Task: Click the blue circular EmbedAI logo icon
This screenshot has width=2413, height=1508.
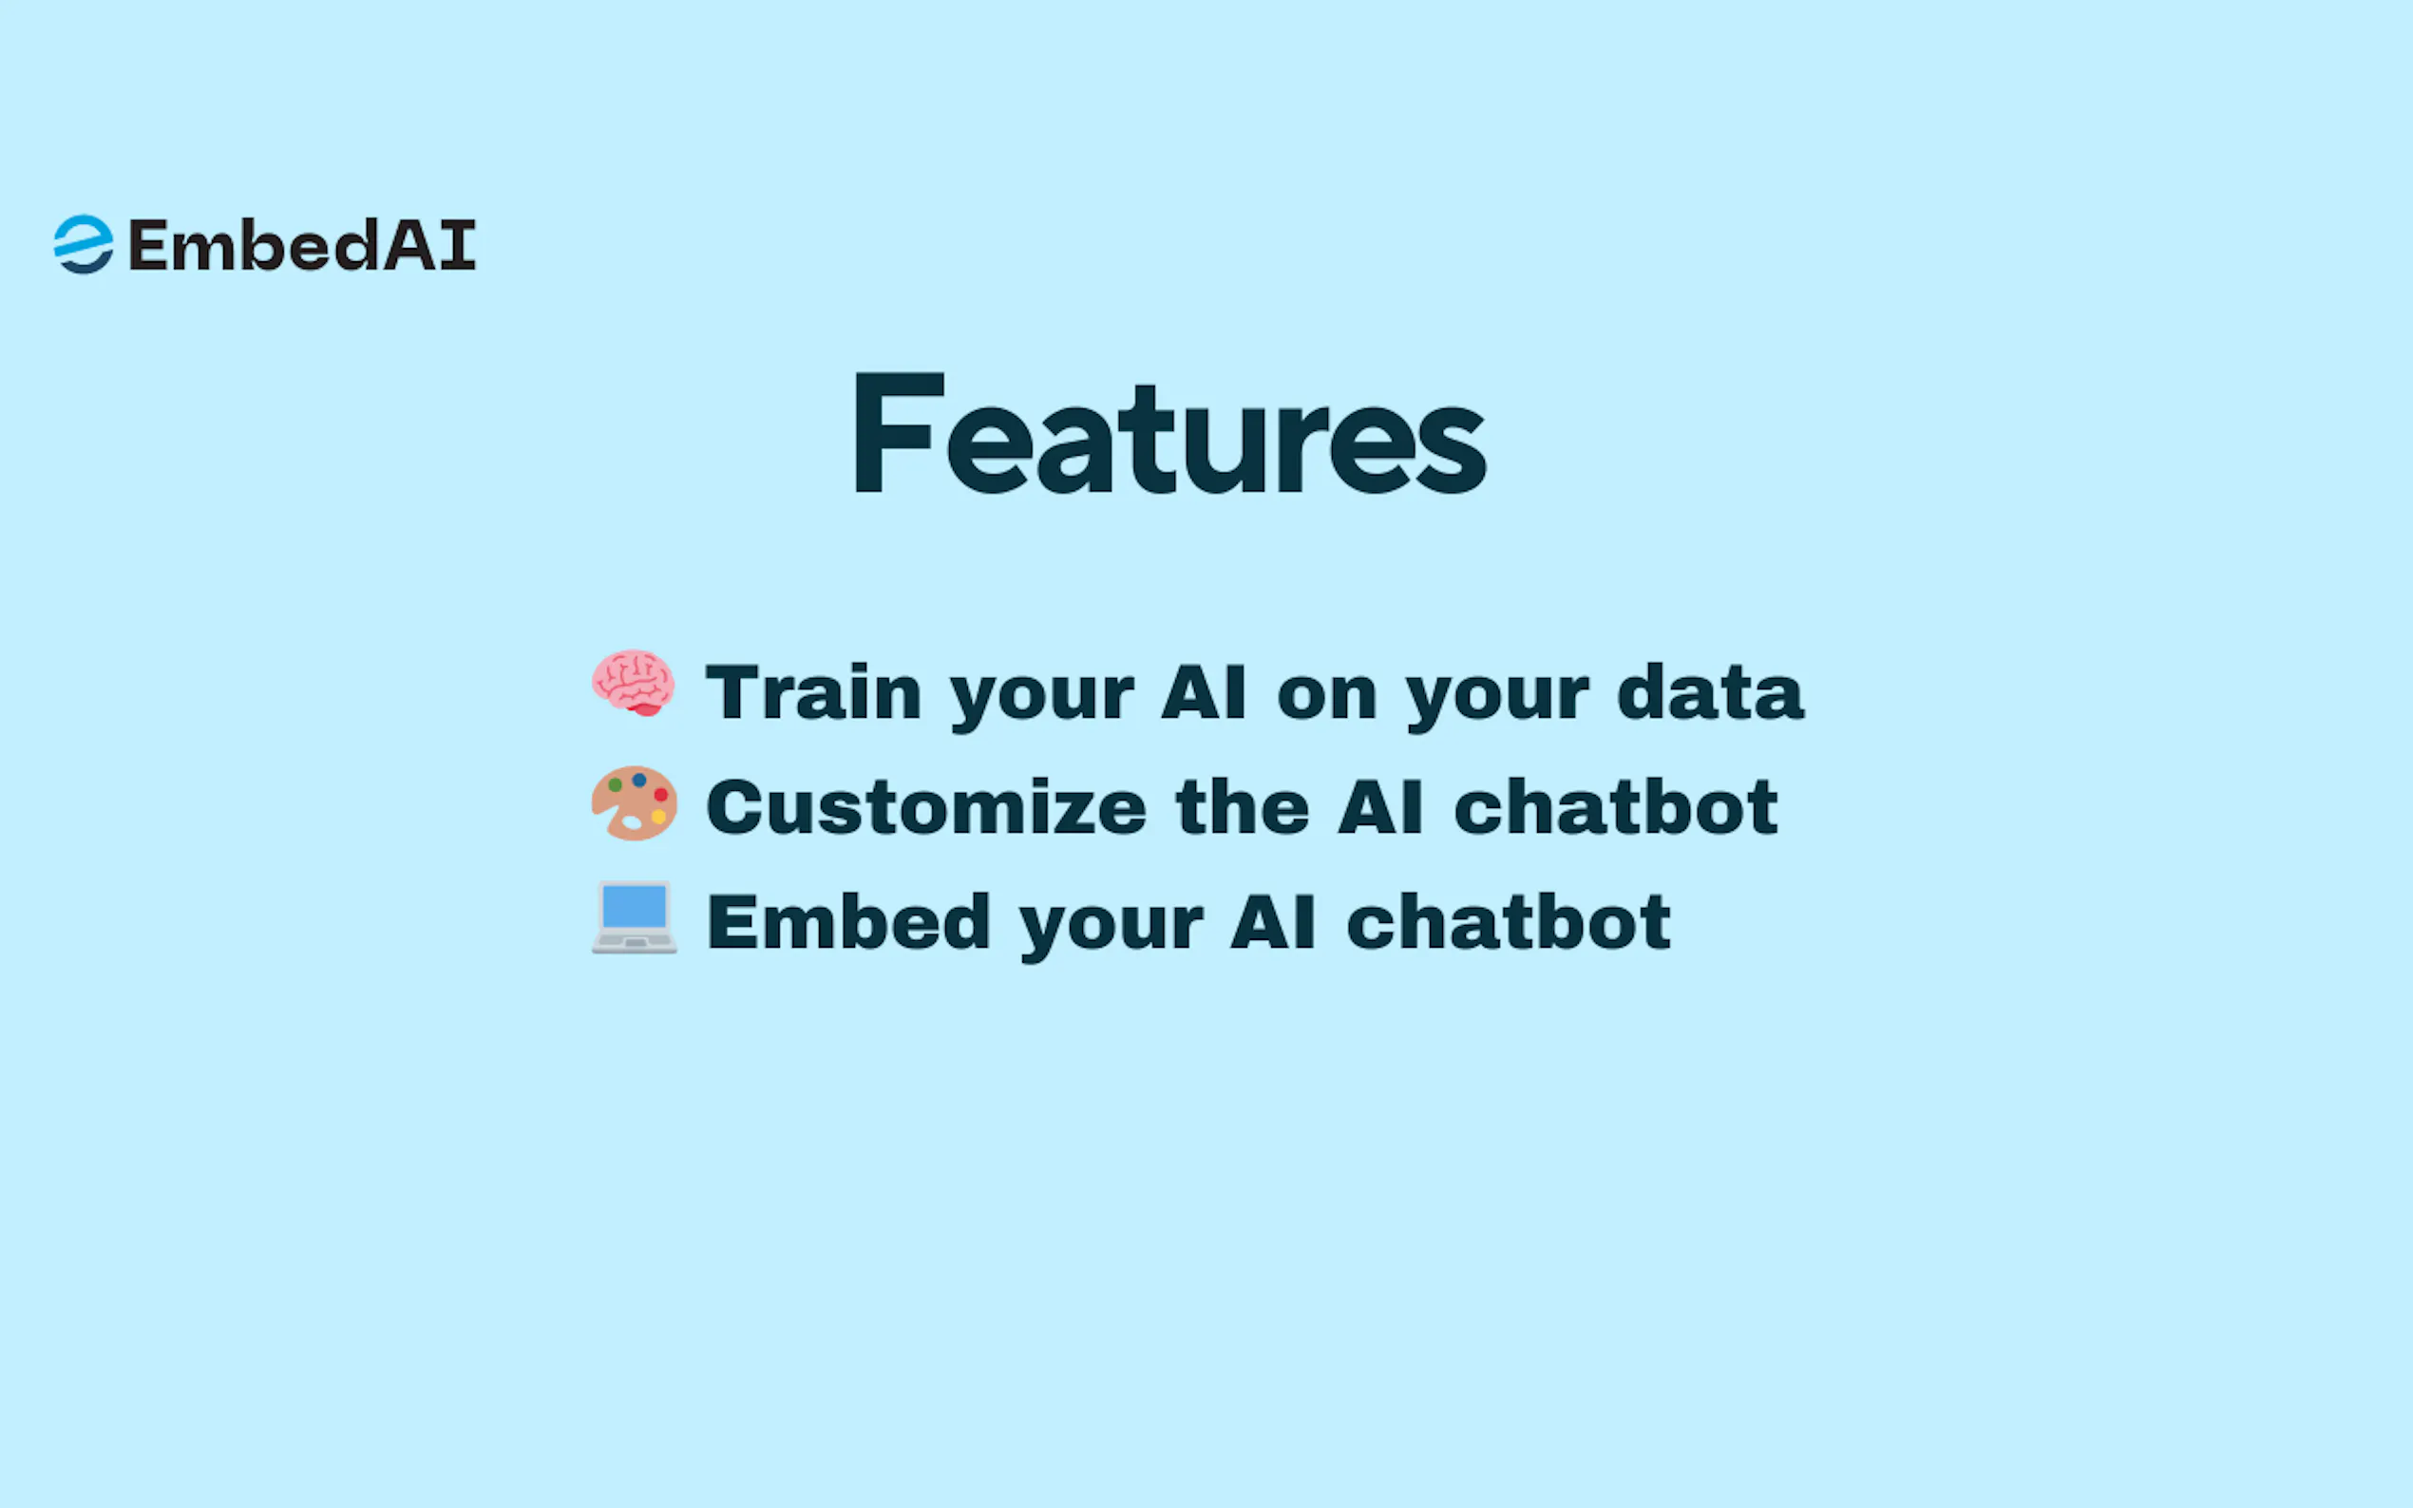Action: tap(83, 244)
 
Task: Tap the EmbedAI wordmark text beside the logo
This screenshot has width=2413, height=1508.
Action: tap(302, 245)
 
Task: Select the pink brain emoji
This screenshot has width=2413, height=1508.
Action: tap(634, 683)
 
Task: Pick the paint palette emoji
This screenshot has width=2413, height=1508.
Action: tap(635, 802)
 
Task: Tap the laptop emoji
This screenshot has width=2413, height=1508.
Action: tap(635, 917)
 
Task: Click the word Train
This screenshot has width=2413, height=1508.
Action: tap(813, 691)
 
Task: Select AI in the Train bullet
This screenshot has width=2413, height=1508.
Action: tap(1204, 691)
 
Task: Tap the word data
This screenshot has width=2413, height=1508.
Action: tap(1711, 691)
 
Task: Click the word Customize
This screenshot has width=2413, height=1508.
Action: tap(926, 806)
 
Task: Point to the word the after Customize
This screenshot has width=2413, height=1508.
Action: tap(1243, 806)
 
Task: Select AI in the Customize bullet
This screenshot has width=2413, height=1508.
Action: tap(1380, 807)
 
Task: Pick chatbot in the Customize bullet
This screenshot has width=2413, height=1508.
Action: tap(1616, 806)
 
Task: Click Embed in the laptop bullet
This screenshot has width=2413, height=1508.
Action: tap(849, 920)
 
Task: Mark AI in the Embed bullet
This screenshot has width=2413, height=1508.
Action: tap(1273, 922)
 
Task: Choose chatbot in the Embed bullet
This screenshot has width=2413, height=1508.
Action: tap(1509, 920)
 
